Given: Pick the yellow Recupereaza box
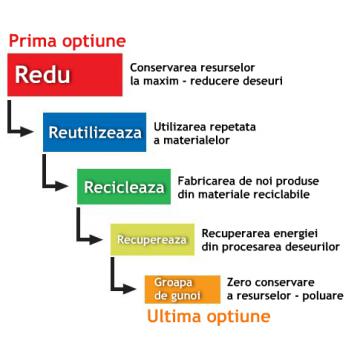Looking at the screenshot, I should pos(150,241).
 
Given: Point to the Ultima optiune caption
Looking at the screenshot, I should pos(207,319).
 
